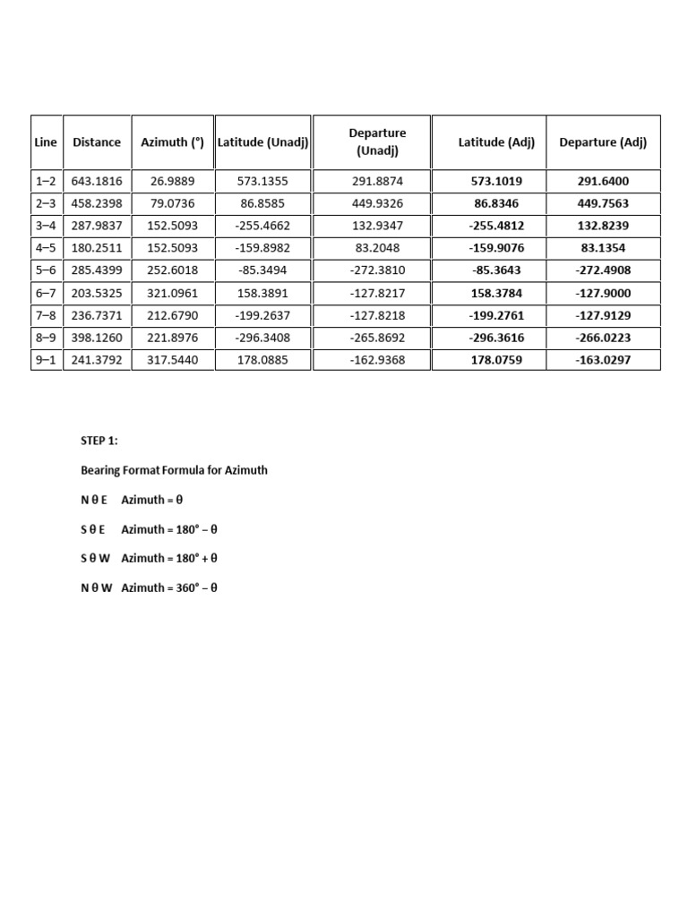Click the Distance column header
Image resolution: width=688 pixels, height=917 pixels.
[x=97, y=141]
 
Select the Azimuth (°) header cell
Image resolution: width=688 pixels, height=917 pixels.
[x=173, y=141]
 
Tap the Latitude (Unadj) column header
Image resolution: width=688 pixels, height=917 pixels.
[x=263, y=141]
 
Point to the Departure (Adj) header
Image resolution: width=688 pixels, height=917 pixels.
[x=603, y=141]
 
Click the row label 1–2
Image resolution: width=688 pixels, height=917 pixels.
[x=46, y=181]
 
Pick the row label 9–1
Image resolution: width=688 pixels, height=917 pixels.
[x=46, y=360]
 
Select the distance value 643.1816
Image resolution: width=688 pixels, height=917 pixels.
[x=97, y=181]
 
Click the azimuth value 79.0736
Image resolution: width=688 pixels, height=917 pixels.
[x=173, y=203]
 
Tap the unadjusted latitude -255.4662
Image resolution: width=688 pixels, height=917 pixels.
[x=263, y=226]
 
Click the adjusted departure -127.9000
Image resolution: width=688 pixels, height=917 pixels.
[x=603, y=293]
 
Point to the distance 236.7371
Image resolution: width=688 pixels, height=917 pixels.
[x=97, y=315]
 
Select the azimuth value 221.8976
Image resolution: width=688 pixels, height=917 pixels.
[x=173, y=338]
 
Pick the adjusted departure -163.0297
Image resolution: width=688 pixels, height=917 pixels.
[x=603, y=360]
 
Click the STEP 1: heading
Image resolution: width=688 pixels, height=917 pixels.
[x=99, y=441]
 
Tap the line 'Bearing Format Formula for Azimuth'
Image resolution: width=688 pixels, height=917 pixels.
[x=174, y=470]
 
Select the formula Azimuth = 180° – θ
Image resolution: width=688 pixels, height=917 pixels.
[x=169, y=529]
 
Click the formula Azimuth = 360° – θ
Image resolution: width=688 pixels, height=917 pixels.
[x=169, y=588]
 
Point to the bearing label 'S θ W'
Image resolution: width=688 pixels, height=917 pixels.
[x=96, y=559]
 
